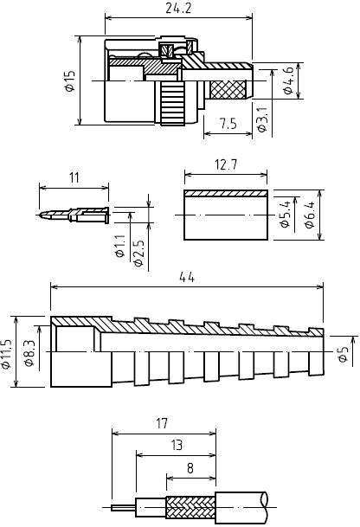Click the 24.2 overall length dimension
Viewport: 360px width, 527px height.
[x=178, y=9]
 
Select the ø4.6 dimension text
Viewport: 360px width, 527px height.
[x=288, y=80]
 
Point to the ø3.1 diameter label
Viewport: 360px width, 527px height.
[x=262, y=119]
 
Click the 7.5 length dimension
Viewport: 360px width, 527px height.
[x=228, y=124]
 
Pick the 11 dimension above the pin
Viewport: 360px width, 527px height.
[x=74, y=177]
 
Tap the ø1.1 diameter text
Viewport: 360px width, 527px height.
[x=120, y=247]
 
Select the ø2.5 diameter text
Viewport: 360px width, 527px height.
[x=138, y=253]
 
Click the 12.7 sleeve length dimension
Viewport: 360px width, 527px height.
[x=226, y=164]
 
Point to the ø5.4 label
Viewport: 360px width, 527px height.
[x=285, y=215]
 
